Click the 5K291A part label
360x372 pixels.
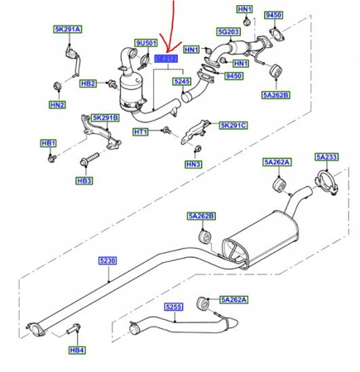coord(68,29)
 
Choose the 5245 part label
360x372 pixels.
coord(181,82)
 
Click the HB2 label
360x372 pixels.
coord(89,83)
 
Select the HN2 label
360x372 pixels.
coord(56,105)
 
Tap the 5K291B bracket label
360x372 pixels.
coord(105,117)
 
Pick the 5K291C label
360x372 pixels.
coord(233,125)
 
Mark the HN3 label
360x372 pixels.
coord(192,165)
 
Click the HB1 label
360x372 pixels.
coord(48,143)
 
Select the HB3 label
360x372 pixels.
coord(84,179)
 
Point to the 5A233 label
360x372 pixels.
coord(326,157)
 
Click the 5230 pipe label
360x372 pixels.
coord(108,260)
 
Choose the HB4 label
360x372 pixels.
coord(76,351)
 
